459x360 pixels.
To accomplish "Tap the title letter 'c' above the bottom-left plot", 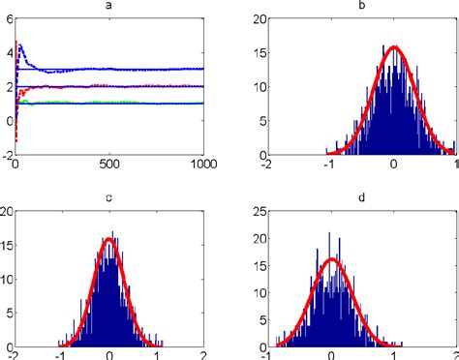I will pos(108,199).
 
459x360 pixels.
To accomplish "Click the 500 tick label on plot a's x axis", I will pos(108,165).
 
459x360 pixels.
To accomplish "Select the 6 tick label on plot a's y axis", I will pos(8,19).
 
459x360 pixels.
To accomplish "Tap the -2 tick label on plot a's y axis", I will pos(6,155).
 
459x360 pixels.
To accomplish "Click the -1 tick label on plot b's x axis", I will pos(326,165).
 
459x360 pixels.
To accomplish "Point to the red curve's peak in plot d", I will pos(330,258).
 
